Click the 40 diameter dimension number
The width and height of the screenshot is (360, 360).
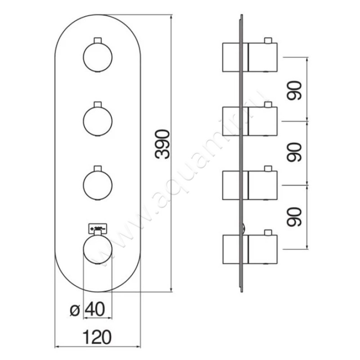tap(95, 310)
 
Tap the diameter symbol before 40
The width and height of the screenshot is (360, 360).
tap(75, 310)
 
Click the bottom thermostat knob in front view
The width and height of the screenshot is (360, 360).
tap(98, 250)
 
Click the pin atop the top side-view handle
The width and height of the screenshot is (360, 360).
tap(269, 41)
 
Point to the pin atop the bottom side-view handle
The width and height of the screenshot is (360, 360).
tap(269, 233)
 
